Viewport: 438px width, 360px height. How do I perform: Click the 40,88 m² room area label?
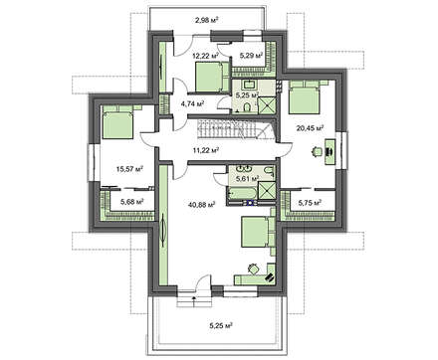[x=202, y=205]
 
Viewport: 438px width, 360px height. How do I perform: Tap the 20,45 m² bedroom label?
[x=310, y=127]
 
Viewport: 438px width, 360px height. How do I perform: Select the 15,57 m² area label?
[x=129, y=169]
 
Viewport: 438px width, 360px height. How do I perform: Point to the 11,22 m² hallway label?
[x=206, y=150]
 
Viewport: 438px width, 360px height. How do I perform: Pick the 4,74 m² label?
[x=192, y=103]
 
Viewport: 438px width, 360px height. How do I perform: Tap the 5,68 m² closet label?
[x=132, y=202]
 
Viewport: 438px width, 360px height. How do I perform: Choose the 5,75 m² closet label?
[x=310, y=202]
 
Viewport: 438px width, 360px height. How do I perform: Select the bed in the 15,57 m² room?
[x=117, y=122]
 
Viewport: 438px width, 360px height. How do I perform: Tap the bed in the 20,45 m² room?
[x=305, y=97]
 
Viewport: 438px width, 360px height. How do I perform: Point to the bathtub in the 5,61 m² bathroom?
[x=241, y=193]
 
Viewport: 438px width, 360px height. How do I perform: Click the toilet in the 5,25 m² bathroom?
[x=247, y=107]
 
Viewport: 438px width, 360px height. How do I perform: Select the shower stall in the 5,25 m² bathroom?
[x=267, y=105]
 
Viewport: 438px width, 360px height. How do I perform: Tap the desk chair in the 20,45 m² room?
[x=317, y=151]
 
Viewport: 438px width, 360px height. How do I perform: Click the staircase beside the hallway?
[x=236, y=129]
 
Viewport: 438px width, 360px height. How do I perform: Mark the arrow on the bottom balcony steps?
[x=194, y=300]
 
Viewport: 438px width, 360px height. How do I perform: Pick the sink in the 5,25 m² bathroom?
[x=250, y=85]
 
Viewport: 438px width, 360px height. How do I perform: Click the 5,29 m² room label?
[x=251, y=56]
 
